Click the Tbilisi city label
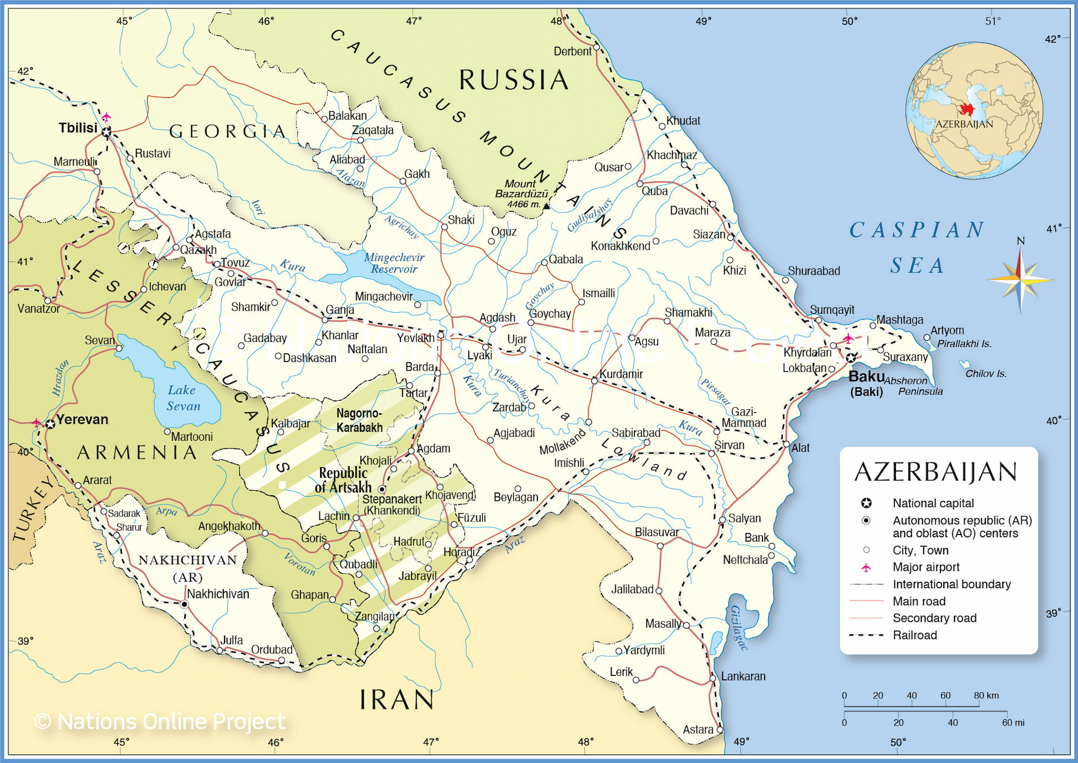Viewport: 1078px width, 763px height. click(78, 128)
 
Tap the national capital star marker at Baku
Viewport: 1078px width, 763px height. click(851, 358)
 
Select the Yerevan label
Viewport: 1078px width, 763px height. click(82, 419)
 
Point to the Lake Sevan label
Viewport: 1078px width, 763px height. click(182, 398)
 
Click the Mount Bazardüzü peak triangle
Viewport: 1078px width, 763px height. click(546, 206)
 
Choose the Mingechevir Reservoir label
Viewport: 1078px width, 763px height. click(394, 263)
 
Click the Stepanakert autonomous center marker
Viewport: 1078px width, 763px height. click(382, 489)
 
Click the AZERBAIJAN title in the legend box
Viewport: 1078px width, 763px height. click(935, 472)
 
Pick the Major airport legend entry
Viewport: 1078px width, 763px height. click(926, 567)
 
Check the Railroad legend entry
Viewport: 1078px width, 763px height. click(915, 635)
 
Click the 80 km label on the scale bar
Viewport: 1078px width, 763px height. click(986, 695)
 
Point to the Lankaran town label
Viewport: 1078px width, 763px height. click(743, 676)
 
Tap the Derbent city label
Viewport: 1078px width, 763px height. click(572, 51)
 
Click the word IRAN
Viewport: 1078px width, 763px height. click(396, 700)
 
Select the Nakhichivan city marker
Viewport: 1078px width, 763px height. click(184, 604)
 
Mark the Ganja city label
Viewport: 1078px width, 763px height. click(340, 309)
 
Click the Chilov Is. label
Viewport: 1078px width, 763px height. click(986, 373)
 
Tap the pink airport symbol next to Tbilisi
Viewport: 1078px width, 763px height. click(106, 117)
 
